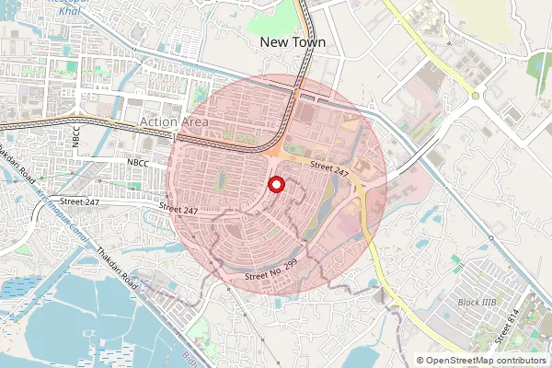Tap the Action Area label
[x=173, y=122]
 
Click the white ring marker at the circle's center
[x=275, y=185]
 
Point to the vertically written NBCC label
[x=76, y=135]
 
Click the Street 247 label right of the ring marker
[x=329, y=167]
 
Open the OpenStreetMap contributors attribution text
[x=484, y=360]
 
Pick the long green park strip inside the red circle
[x=220, y=179]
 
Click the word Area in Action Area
[x=194, y=122]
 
